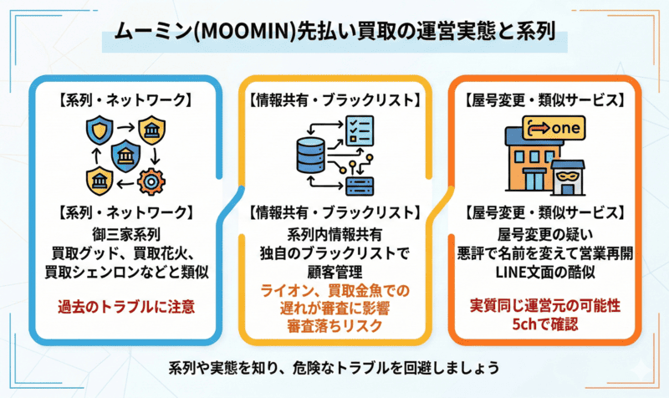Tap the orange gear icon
click(151, 179)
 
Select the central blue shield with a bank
click(125, 156)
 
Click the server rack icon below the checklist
click(360, 181)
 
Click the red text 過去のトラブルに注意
click(125, 307)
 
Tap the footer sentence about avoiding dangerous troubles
click(334, 368)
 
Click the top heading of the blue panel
click(125, 101)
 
